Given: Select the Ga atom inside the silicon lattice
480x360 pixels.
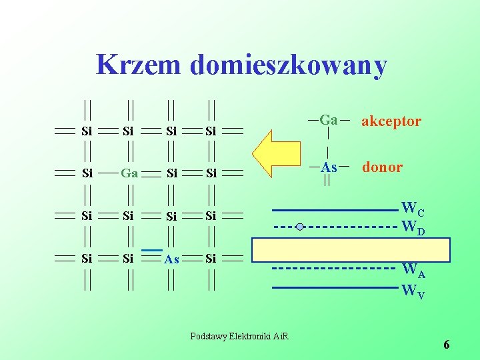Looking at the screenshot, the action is (x=129, y=173).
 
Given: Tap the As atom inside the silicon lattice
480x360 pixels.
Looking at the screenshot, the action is (x=171, y=259).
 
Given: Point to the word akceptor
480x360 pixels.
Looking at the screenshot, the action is (x=391, y=121).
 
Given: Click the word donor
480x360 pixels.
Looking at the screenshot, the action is (x=382, y=167).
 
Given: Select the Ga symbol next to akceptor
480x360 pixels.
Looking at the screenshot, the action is (x=329, y=121).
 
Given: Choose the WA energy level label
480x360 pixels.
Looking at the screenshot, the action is (x=413, y=271).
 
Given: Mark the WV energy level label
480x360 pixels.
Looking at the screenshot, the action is (x=413, y=291).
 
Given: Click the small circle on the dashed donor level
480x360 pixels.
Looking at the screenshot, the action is (x=300, y=227).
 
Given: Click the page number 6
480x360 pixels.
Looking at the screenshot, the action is (x=446, y=345).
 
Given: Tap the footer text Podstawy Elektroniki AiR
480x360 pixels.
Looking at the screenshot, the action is (x=239, y=335).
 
